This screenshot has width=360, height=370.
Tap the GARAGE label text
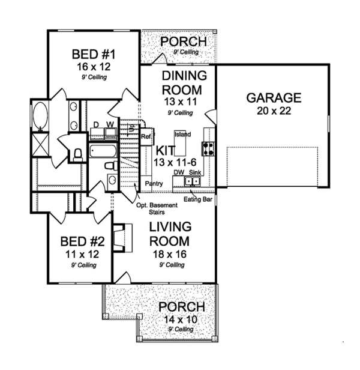pyautogui.click(x=272, y=98)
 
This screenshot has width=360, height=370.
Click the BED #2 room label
pyautogui.click(x=83, y=242)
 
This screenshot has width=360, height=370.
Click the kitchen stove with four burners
pyautogui.click(x=209, y=148)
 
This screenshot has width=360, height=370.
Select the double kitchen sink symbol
pyautogui.click(x=193, y=180)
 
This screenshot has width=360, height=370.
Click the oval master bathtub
pyautogui.click(x=41, y=115)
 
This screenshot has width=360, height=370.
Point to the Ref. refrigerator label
pyautogui.click(x=145, y=136)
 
